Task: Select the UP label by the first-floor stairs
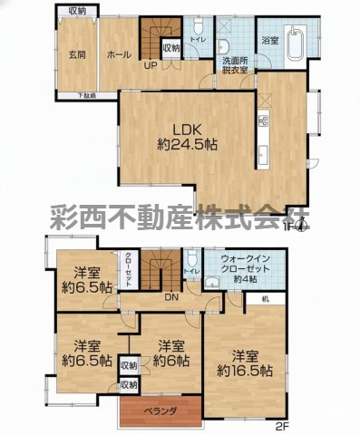point(148,64)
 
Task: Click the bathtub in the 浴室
point(297,43)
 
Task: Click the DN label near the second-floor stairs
point(170,296)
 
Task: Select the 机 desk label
point(263,300)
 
